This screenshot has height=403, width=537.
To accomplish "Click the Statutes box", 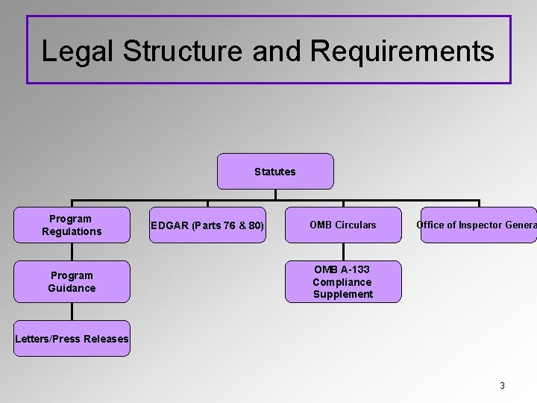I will (x=275, y=172).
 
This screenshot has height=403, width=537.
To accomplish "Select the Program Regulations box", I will (x=72, y=225).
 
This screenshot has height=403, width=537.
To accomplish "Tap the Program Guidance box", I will (x=72, y=281).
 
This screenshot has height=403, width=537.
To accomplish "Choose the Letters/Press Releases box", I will (x=72, y=339).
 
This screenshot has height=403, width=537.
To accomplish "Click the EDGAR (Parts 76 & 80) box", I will (x=207, y=225).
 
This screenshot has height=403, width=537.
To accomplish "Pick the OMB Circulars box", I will (x=343, y=225).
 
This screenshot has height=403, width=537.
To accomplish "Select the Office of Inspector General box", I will (x=477, y=225).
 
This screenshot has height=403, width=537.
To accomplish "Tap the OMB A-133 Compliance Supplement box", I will (x=343, y=281).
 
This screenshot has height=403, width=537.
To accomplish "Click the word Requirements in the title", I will (x=402, y=51).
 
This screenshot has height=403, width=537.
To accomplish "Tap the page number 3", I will (x=502, y=386).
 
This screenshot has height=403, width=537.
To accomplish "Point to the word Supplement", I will (x=343, y=294).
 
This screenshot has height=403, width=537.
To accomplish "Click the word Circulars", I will (x=355, y=225).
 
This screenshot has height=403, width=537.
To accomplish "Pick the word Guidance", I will (x=72, y=288).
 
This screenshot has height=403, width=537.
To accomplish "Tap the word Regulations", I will (x=72, y=231).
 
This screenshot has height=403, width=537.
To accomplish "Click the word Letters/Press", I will (x=48, y=339).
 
